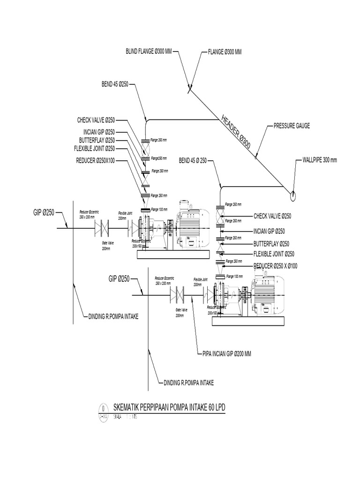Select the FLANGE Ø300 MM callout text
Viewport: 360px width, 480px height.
point(225,52)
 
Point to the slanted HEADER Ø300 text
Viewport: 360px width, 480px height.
point(236,132)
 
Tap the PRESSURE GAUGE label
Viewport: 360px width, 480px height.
point(292,126)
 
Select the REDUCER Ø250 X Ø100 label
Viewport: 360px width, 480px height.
point(276,266)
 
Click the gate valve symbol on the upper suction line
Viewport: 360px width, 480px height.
point(102,228)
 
